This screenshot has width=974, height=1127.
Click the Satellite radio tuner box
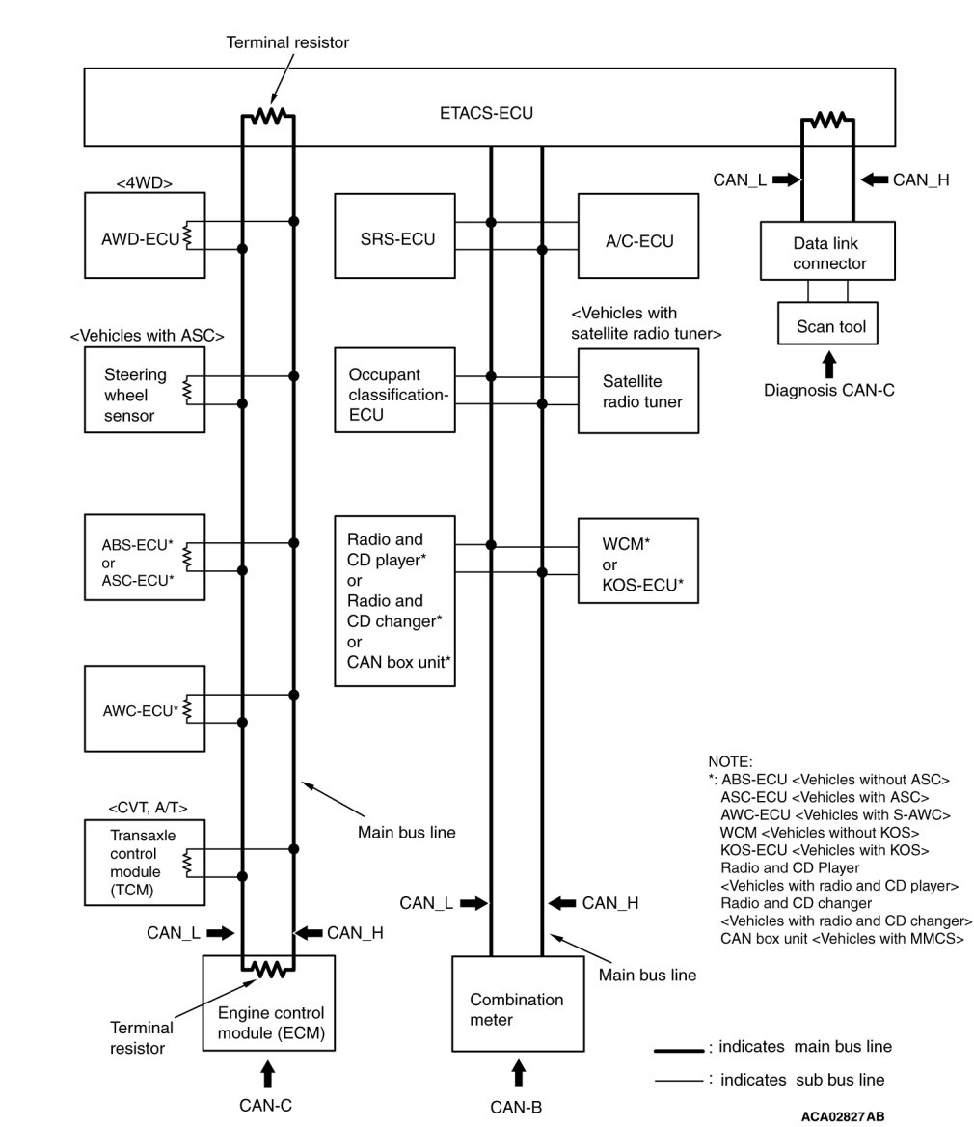pyautogui.click(x=637, y=391)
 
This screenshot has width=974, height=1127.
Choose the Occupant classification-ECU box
pyautogui.click(x=394, y=391)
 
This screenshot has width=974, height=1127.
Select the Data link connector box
pyautogui.click(x=829, y=253)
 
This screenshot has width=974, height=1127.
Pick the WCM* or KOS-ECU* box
pyautogui.click(x=637, y=561)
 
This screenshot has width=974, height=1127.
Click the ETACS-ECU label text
pyautogui.click(x=486, y=114)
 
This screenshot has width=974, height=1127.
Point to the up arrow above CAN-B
pyautogui.click(x=519, y=1073)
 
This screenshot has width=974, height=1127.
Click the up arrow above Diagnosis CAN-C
pyautogui.click(x=828, y=364)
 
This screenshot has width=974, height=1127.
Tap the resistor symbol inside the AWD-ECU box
pyautogui.click(x=186, y=235)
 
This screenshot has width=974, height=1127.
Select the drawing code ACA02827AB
pyautogui.click(x=841, y=1116)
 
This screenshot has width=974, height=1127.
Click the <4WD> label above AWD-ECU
pyautogui.click(x=145, y=180)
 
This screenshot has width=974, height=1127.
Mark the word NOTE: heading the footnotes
pyautogui.click(x=730, y=762)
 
